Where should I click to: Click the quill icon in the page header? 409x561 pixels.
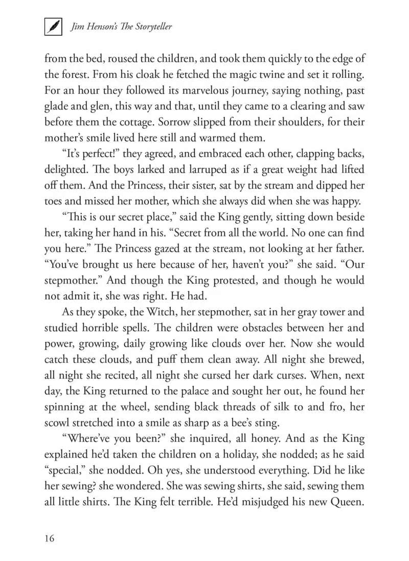[x=53, y=27]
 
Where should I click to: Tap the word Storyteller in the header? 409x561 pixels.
[x=148, y=27]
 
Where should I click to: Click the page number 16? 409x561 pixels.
[x=50, y=538]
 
